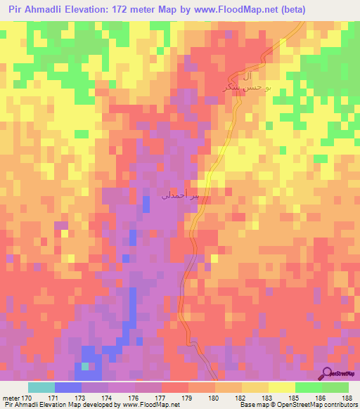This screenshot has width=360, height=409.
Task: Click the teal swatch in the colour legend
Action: coord(41,387)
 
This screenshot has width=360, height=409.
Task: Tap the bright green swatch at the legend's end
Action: coord(335,387)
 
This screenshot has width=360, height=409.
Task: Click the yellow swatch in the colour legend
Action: coord(255,387)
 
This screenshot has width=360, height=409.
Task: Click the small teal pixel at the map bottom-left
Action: coord(85,365)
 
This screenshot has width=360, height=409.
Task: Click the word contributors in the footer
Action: coord(339,405)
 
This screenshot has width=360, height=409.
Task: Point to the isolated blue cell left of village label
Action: coord(146,204)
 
